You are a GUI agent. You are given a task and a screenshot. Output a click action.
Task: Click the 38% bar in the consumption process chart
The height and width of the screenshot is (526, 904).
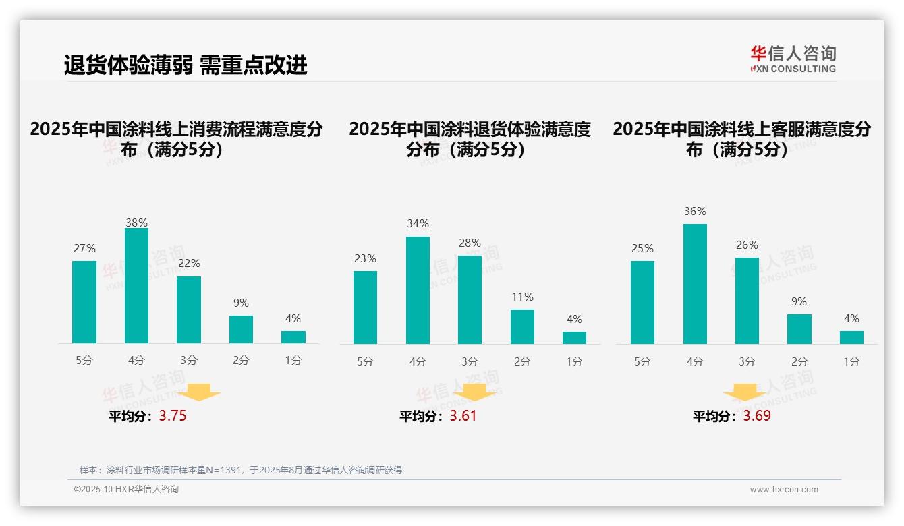136,286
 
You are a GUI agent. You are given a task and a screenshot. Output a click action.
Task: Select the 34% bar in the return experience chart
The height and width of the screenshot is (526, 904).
418,290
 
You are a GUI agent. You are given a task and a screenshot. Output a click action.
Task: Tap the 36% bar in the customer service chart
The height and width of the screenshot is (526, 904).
695,284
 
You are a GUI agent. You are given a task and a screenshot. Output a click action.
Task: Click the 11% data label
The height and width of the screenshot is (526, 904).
522,297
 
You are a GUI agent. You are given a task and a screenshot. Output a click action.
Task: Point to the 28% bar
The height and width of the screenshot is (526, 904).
470,299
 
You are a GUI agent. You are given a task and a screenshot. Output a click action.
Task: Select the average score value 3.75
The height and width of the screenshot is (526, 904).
173,416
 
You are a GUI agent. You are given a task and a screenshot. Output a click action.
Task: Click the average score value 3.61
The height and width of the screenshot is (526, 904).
463,416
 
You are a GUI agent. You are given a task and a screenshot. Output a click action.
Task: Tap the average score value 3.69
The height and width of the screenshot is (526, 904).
757,416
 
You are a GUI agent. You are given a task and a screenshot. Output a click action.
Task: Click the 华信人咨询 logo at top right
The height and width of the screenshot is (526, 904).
793,59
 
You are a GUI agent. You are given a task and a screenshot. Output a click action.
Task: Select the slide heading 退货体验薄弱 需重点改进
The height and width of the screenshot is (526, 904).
186,65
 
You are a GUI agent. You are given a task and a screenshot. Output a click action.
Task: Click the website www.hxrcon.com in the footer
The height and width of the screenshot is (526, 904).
784,490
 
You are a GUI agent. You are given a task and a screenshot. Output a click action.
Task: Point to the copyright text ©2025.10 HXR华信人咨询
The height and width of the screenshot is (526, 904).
126,490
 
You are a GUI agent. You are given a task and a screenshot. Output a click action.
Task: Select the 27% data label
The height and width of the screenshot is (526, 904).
84,249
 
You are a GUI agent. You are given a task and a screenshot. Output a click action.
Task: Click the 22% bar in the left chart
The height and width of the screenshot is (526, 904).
189,310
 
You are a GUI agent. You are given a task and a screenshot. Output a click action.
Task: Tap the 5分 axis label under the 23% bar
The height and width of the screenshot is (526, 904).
365,362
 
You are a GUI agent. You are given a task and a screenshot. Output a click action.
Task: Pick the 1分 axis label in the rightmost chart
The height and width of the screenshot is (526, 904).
851,362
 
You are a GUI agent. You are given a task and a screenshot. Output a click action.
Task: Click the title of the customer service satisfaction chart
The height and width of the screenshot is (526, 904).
741,139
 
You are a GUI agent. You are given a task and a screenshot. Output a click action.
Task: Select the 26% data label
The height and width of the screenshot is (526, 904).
747,245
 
